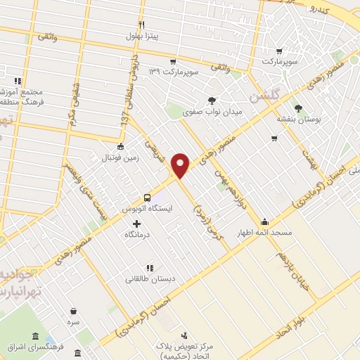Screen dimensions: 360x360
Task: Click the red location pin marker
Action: (x=182, y=165)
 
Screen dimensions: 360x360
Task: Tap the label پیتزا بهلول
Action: (x=143, y=35)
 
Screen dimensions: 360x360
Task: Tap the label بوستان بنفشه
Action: (x=299, y=120)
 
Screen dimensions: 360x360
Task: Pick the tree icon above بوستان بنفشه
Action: (x=299, y=108)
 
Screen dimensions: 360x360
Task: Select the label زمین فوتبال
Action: (x=120, y=158)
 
